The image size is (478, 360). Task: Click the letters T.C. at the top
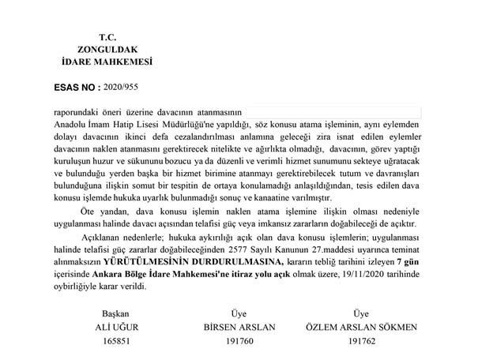108,37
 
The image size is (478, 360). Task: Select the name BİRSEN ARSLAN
240,327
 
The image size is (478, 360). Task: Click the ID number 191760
239,341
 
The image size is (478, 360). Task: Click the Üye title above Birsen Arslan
239,313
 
